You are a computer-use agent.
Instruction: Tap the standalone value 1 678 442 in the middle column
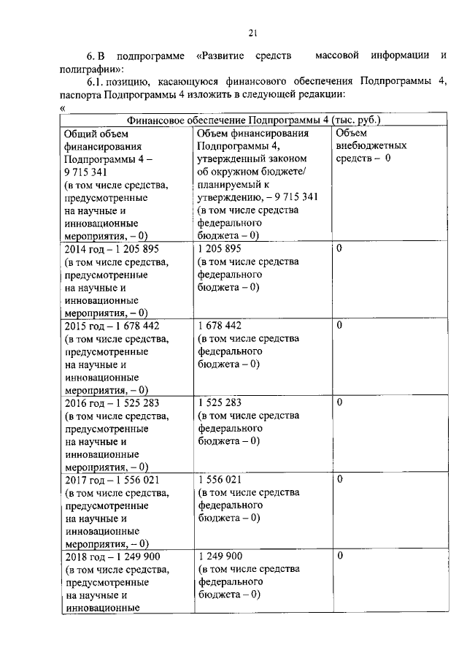point(219,325)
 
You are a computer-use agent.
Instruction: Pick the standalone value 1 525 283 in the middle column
point(219,402)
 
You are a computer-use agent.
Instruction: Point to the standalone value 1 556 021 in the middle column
point(219,479)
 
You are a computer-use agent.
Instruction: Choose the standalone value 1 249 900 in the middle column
point(219,557)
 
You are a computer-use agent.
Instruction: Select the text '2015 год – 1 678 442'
point(112,325)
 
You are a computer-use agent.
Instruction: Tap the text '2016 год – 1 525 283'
point(112,402)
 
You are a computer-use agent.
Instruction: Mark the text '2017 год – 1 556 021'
point(112,479)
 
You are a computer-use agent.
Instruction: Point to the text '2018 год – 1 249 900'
point(112,557)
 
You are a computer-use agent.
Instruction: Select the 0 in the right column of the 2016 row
point(339,402)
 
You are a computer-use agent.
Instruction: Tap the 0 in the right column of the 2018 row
point(339,557)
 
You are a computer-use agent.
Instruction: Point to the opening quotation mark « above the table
point(62,108)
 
